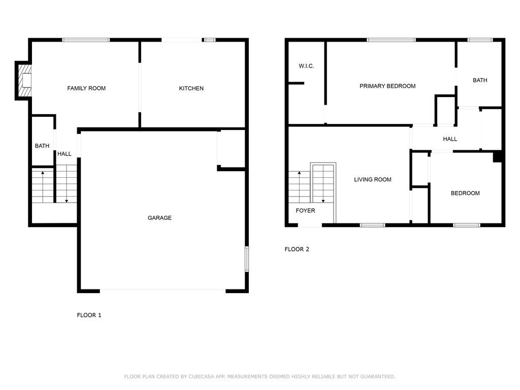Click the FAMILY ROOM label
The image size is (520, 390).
point(86,88)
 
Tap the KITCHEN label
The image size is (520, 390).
point(191,88)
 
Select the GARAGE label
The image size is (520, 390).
point(159,218)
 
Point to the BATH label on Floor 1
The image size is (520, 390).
point(42,146)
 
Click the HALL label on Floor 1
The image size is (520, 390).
point(64,154)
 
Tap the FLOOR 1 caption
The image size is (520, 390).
point(89,315)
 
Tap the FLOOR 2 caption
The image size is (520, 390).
point(297,249)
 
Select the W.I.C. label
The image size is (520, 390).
point(306,66)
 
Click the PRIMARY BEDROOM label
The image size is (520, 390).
point(387,86)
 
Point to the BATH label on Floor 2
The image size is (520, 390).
point(480,80)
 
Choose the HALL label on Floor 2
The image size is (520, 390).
point(450,139)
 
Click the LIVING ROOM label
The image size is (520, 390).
point(373,179)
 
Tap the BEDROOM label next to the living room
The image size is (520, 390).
point(465,193)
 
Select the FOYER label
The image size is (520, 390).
point(305,211)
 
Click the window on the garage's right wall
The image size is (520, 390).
point(247,259)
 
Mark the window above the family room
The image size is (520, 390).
point(86,40)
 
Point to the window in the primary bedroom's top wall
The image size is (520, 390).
point(392,40)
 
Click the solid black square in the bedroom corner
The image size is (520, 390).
point(497,156)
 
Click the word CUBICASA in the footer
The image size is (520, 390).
point(201,376)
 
